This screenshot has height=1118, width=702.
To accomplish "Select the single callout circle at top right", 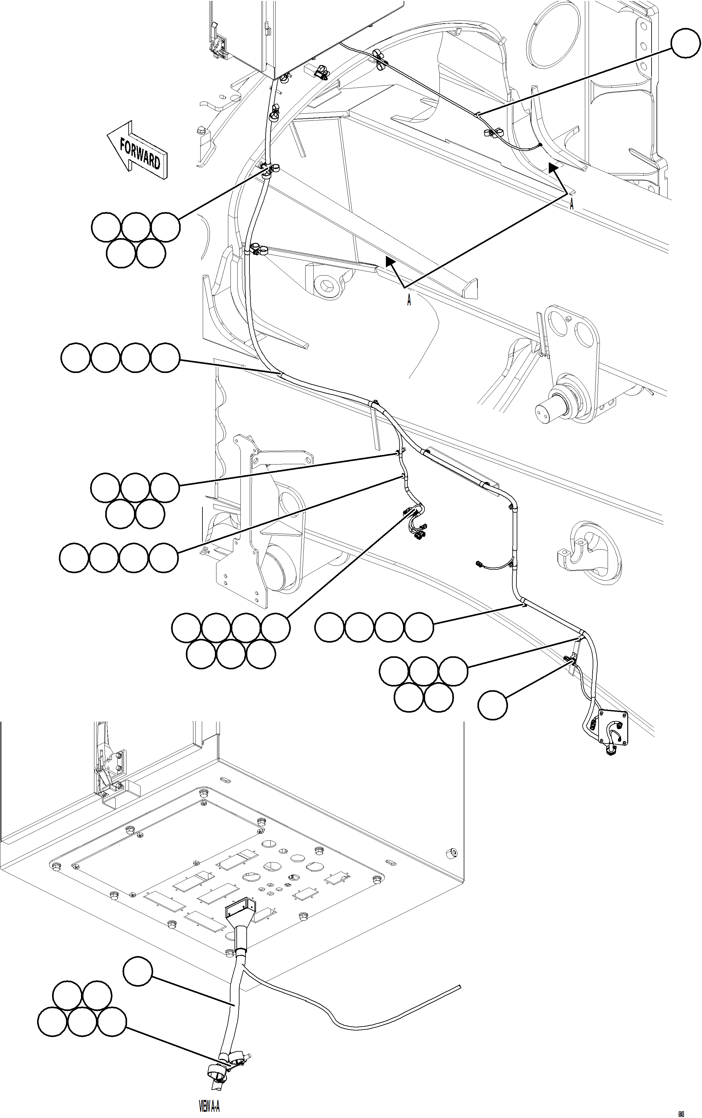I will click(685, 43).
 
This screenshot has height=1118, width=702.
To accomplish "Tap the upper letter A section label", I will click(572, 204).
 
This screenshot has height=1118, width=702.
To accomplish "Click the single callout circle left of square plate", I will click(493, 705).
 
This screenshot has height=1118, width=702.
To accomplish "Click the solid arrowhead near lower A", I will click(391, 262).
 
